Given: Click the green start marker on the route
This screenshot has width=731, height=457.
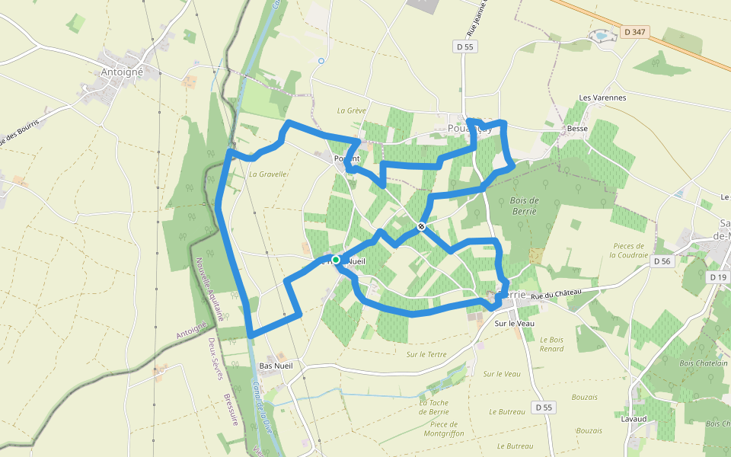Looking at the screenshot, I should pyautogui.click(x=336, y=260).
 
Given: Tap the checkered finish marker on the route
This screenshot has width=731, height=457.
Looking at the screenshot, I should pyautogui.click(x=421, y=226).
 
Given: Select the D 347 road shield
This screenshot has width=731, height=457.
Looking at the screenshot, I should pyautogui.click(x=634, y=32).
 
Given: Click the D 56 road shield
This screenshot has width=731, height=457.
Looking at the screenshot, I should pyautogui.click(x=663, y=260).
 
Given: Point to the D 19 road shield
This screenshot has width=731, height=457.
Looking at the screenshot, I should pyautogui.click(x=718, y=277).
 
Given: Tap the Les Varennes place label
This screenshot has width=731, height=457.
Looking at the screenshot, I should pyautogui.click(x=602, y=97).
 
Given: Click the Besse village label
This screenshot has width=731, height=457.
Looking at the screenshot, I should pyautogui.click(x=577, y=129).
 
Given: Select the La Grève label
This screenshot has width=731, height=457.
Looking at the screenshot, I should pyautogui.click(x=352, y=110).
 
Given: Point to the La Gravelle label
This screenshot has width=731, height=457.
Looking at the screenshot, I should pyautogui.click(x=268, y=174).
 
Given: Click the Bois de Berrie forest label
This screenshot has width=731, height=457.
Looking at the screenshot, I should pyautogui.click(x=524, y=205).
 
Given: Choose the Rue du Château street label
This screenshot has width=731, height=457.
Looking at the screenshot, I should pyautogui.click(x=556, y=293).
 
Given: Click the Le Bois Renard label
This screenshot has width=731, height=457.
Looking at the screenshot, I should pyautogui.click(x=552, y=344).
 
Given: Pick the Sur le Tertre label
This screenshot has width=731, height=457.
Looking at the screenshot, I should pyautogui.click(x=426, y=354).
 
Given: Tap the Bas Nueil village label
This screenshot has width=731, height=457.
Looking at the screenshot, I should pyautogui.click(x=276, y=366).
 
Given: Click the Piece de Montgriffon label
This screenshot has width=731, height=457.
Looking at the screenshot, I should pyautogui.click(x=443, y=429).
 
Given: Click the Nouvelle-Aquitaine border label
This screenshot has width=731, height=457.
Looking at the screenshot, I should pyautogui.click(x=207, y=289).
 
